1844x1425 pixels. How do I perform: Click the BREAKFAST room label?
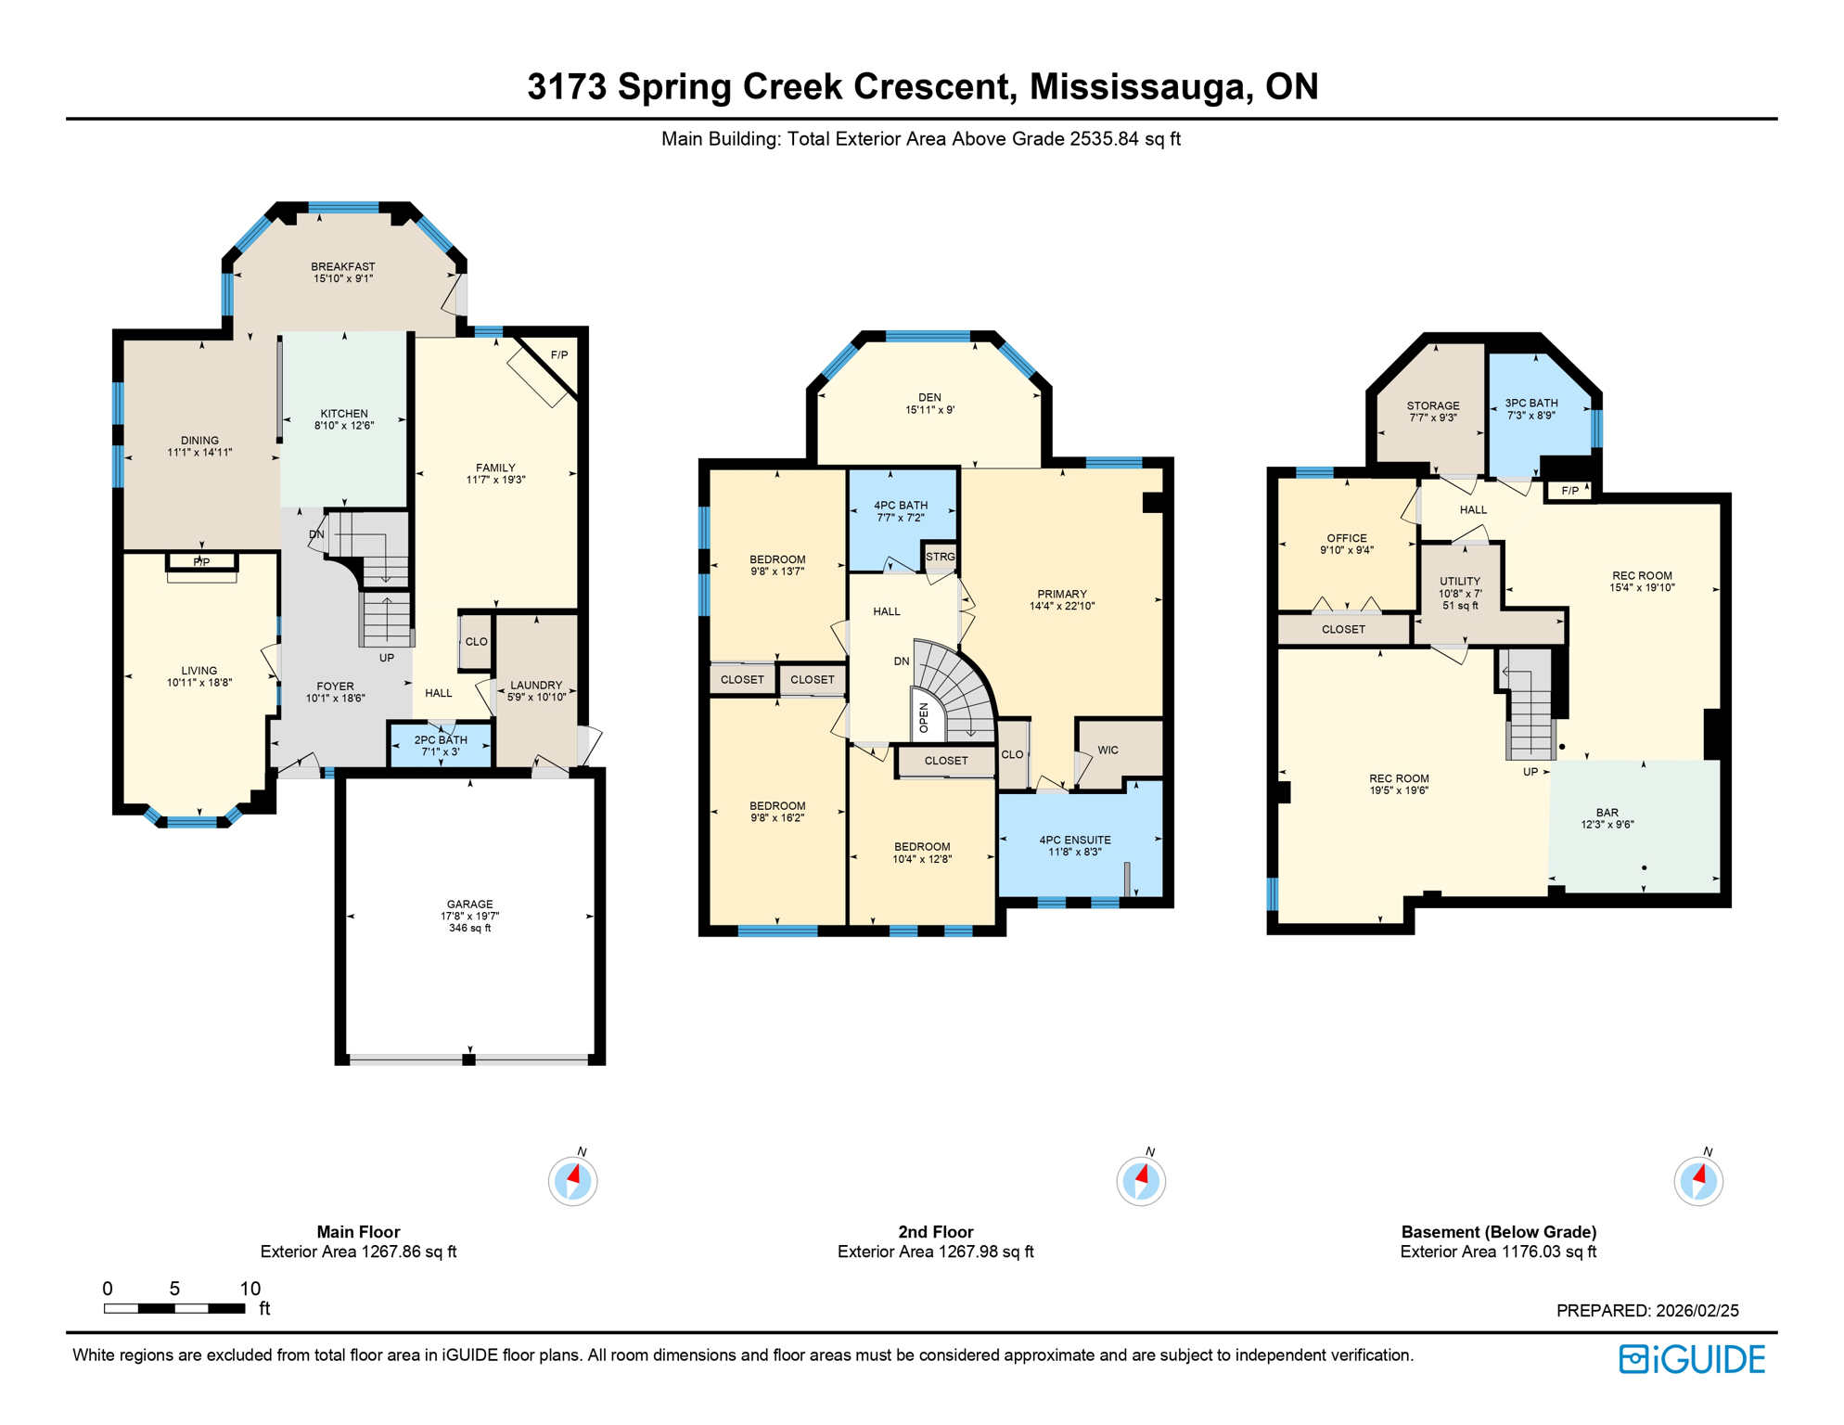(x=343, y=267)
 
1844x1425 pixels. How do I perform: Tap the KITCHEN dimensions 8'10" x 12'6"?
(x=344, y=426)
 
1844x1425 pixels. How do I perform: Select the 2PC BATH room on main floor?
(x=441, y=746)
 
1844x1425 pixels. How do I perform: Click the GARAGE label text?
(x=470, y=905)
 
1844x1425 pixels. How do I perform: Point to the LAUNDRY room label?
(x=536, y=686)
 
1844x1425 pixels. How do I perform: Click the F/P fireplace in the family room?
(x=559, y=355)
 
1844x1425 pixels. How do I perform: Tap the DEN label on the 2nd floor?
(x=929, y=398)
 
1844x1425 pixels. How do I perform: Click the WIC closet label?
(x=1108, y=751)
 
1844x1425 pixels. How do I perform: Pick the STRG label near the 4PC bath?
(x=940, y=557)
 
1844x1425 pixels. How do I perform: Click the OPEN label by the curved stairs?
(x=924, y=717)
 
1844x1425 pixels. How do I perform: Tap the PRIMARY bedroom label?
(x=1062, y=595)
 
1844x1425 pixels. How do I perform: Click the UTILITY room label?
(x=1460, y=582)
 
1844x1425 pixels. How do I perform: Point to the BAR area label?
(x=1607, y=813)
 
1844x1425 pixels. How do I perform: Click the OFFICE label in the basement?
(x=1347, y=538)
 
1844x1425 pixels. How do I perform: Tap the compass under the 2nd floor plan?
(x=1141, y=1181)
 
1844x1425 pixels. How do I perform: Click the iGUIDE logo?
(x=1692, y=1360)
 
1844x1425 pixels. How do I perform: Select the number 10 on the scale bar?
(x=250, y=1289)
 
